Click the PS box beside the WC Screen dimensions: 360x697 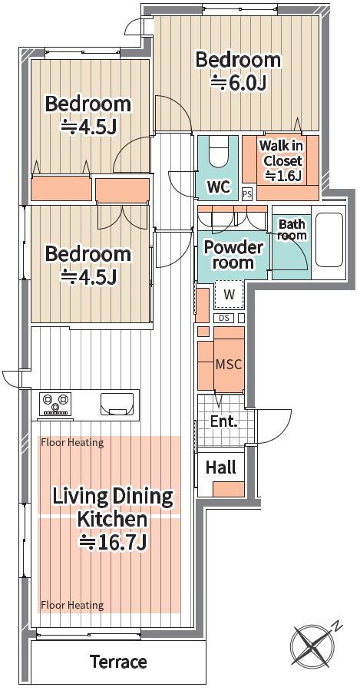pos(247,193)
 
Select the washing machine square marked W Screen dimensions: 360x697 pos(230,295)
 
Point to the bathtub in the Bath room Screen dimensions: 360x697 pos(329,239)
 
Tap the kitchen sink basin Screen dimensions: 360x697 pos(117,404)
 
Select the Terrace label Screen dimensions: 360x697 pos(119,662)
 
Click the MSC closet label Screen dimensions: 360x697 pos(229,365)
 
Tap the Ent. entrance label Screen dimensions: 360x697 pos(223,421)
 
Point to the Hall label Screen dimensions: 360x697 pos(221,467)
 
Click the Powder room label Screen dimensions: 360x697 pos(233,254)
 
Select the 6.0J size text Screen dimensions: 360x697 pos(238,83)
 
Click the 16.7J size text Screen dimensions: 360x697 pos(113,542)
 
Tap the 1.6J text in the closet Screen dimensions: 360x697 pos(283,176)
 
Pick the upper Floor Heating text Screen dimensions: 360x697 pos(72,443)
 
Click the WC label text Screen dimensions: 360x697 pos(218,187)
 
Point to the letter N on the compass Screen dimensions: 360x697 pos(339,627)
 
